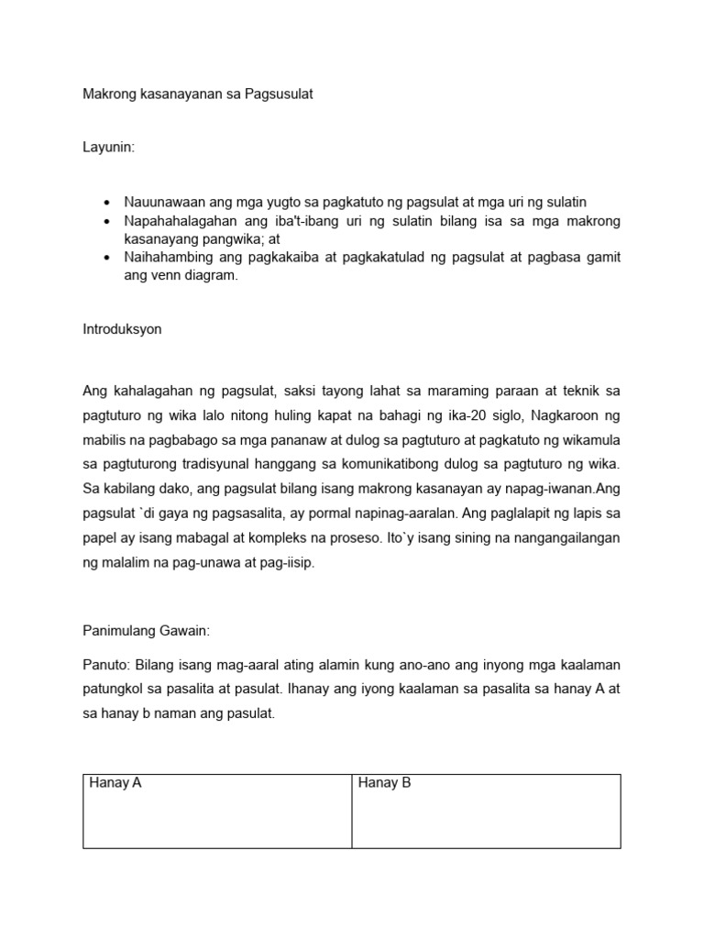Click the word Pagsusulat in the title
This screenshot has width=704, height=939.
(279, 94)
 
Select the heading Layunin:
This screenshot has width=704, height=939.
(109, 148)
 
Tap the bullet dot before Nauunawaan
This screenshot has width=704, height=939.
(107, 202)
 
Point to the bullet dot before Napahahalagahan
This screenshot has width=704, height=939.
(107, 222)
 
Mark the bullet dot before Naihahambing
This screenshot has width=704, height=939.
(107, 259)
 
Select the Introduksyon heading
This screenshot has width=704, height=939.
(122, 329)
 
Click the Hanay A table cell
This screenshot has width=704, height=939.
(217, 811)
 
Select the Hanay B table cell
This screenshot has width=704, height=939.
(486, 811)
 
